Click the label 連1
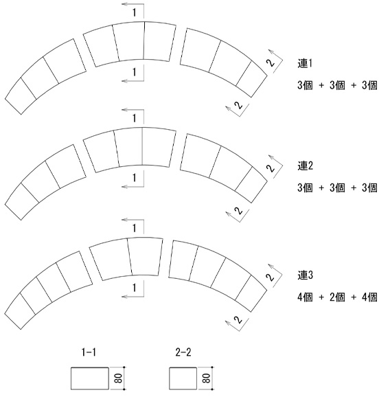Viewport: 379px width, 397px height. point(305,63)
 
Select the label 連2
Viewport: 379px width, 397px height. point(305,166)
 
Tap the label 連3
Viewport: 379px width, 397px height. point(305,275)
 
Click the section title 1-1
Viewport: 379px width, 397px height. point(89,352)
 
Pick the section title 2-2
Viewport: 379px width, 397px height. point(183,352)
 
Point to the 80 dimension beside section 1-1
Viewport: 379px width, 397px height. point(119,378)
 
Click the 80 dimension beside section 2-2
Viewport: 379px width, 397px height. point(207,378)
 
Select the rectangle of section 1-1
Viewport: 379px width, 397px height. point(90,378)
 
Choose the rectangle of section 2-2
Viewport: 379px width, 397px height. point(183,378)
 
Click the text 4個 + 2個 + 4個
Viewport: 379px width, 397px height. point(337,297)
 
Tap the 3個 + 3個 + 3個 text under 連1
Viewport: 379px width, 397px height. point(337,85)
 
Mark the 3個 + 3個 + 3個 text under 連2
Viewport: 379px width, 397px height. point(337,188)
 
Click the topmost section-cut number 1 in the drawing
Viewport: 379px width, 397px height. point(135,12)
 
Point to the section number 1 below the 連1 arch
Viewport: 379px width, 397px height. point(135,72)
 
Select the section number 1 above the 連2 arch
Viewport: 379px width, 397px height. point(135,118)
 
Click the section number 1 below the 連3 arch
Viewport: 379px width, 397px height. point(135,288)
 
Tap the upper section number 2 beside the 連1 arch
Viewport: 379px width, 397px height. point(271,63)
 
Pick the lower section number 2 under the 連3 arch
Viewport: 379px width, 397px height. point(238,320)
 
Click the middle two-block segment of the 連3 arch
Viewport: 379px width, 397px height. point(126,259)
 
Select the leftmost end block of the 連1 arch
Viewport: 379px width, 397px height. point(21,95)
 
